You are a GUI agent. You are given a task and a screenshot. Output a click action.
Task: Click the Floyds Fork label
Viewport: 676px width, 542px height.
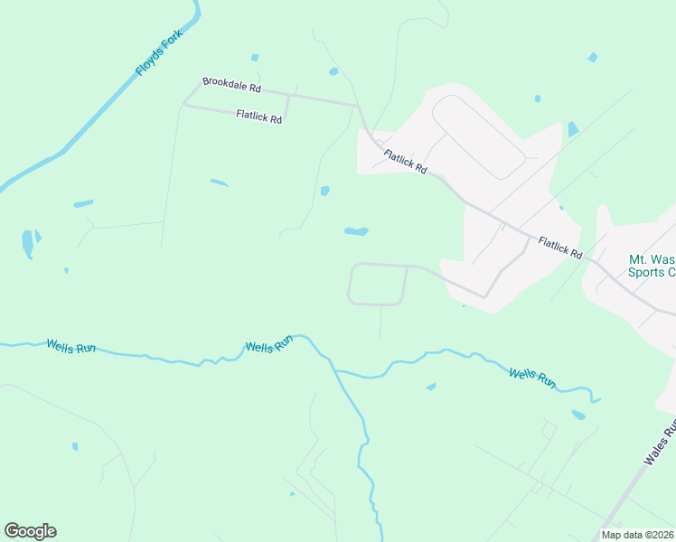pos(160,55)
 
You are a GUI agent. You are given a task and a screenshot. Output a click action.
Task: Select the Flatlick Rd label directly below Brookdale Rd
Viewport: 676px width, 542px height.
pos(260,116)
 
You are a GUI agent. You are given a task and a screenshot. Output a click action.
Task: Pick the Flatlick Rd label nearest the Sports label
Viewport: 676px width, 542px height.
pos(560,248)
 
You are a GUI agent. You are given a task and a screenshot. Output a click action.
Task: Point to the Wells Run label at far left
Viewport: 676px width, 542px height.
pos(70,345)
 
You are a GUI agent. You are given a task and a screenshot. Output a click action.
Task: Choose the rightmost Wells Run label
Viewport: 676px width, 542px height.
pos(532,378)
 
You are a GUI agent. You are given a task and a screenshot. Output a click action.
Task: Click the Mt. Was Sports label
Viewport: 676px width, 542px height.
pos(652,266)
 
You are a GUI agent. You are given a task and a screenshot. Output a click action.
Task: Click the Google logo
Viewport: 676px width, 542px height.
pos(30,531)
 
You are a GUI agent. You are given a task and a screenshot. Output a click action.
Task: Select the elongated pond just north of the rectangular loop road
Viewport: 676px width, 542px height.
pos(356,231)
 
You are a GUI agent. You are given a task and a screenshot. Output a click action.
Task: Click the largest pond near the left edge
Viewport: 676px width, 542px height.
pos(27,243)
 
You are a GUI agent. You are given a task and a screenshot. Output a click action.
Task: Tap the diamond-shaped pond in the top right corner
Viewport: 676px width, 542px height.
pos(592,57)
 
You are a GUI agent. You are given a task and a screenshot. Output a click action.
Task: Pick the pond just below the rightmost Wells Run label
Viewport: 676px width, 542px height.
pos(578,416)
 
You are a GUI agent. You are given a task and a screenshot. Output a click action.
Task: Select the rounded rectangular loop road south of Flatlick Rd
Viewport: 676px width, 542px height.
pos(377,284)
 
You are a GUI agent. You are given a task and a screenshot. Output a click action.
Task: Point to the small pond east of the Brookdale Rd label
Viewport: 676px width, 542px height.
pos(333,71)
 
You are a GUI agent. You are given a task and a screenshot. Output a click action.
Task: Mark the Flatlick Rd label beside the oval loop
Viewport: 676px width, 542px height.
pos(405,162)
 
